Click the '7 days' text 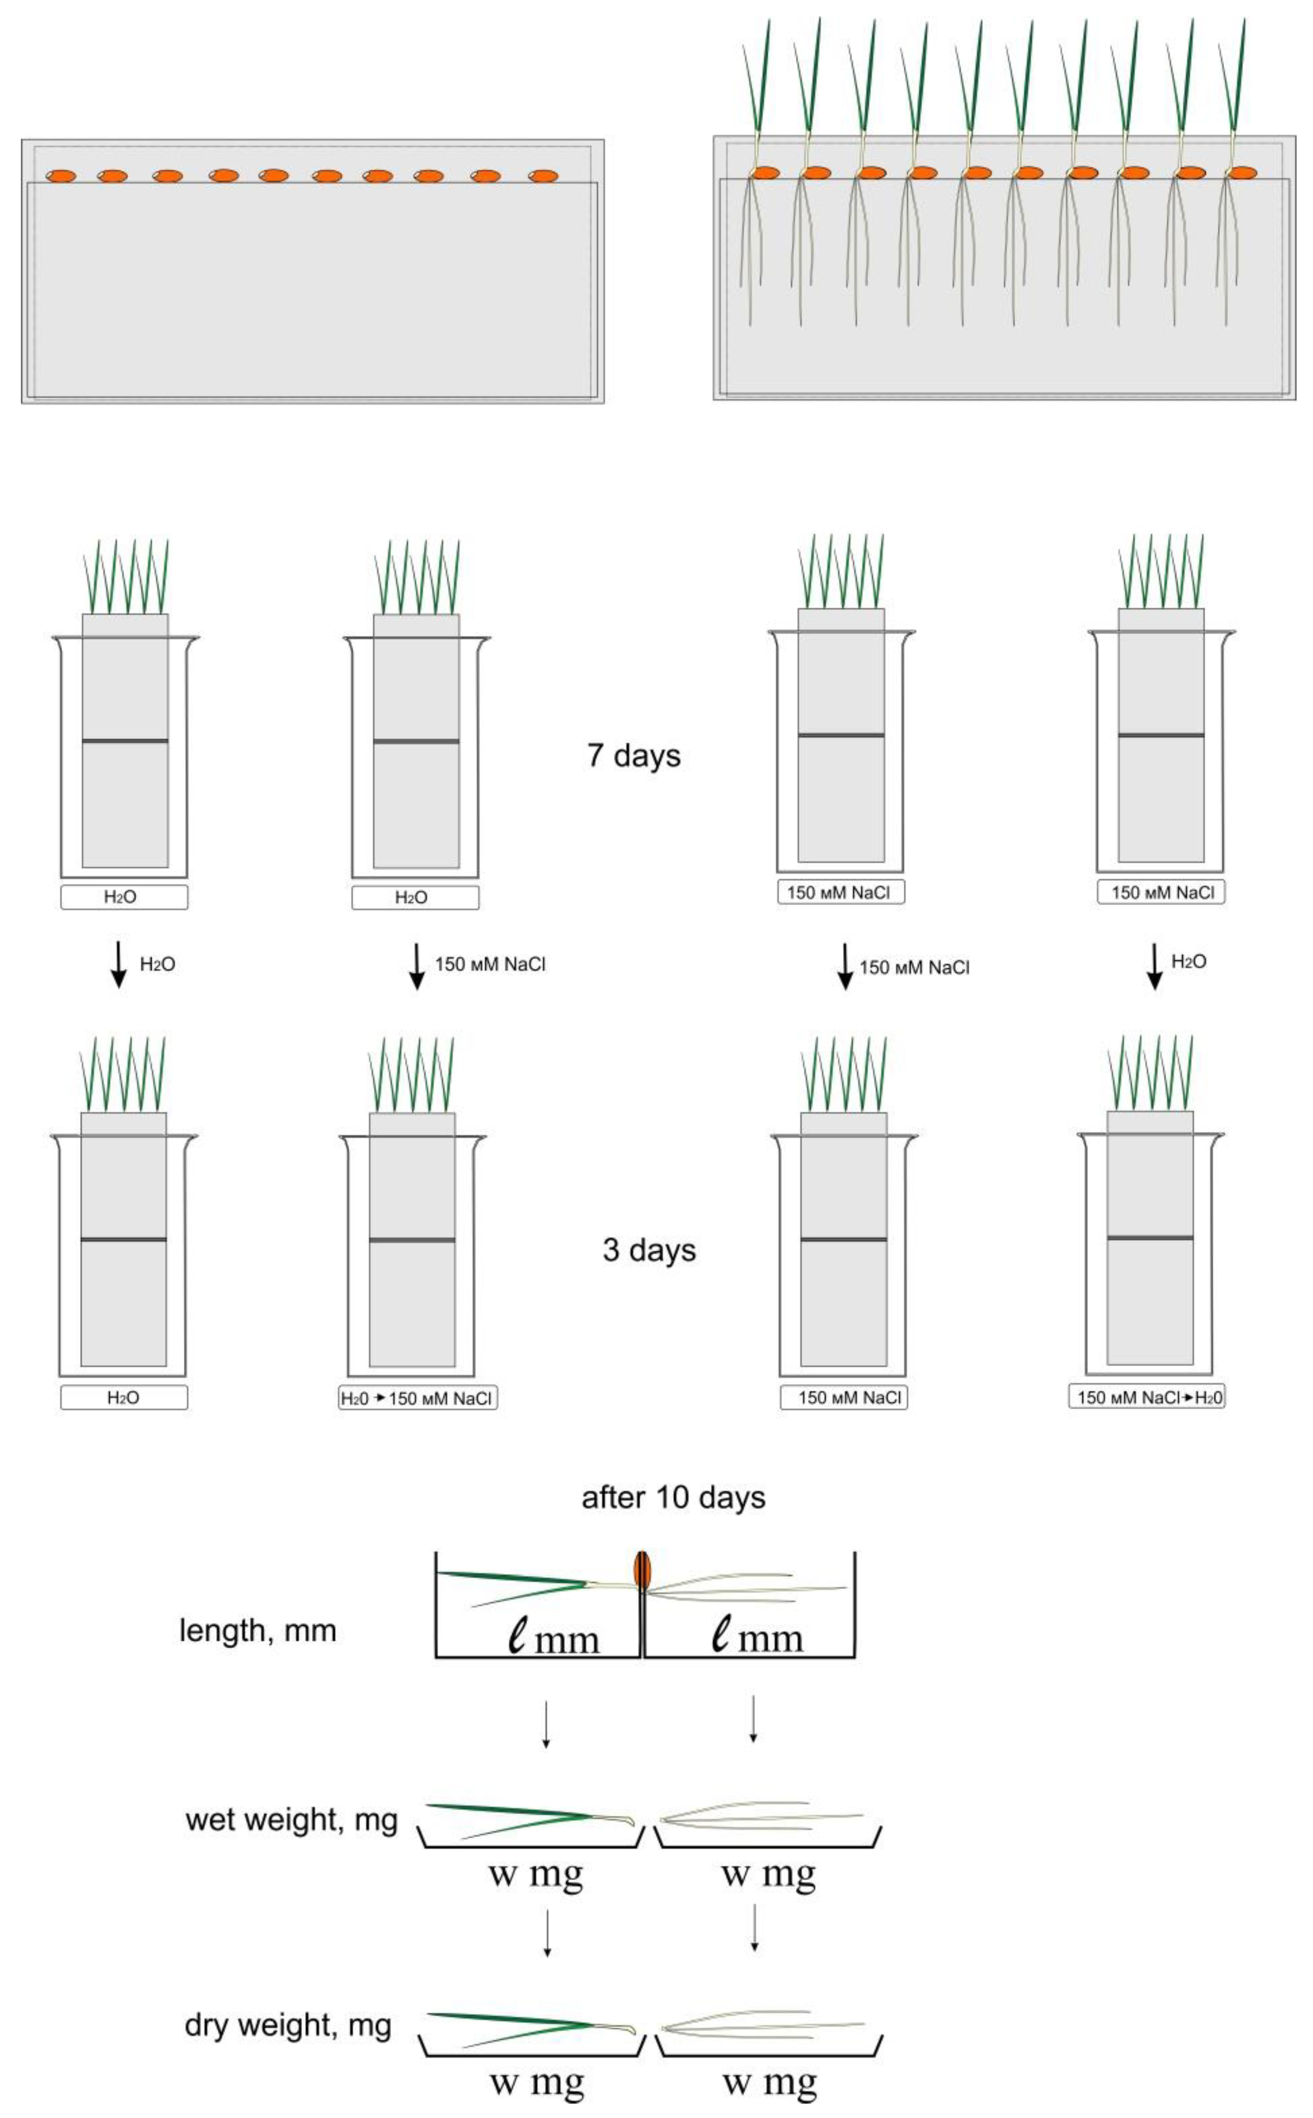(x=634, y=755)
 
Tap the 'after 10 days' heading (x=673, y=1497)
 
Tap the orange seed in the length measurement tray (x=642, y=1569)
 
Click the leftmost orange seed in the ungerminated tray (x=61, y=176)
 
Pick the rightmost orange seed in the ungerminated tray (x=543, y=176)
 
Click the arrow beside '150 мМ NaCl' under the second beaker (x=417, y=965)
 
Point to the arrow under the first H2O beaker (x=119, y=965)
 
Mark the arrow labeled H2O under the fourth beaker (x=1154, y=965)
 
